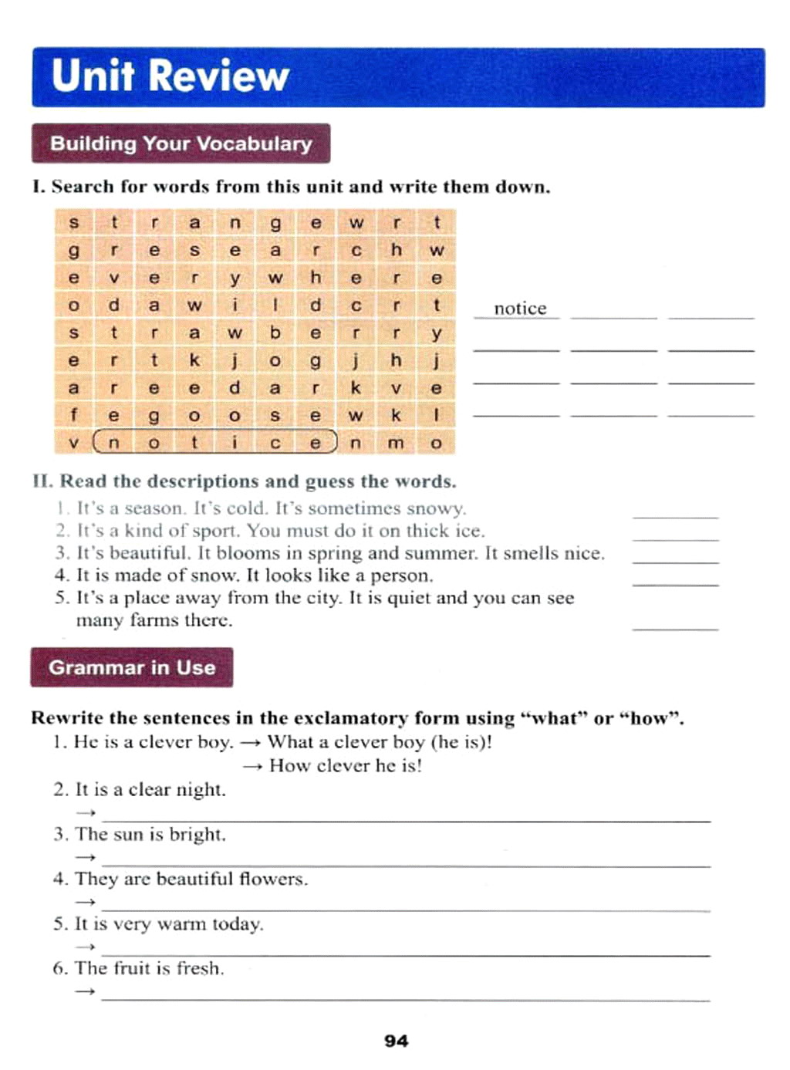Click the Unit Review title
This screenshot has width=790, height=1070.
tap(170, 76)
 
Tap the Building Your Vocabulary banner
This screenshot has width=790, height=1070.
tap(181, 143)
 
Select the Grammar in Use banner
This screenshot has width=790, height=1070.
tap(132, 667)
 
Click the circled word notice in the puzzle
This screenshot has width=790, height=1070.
tap(214, 443)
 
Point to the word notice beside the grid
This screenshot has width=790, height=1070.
tap(520, 309)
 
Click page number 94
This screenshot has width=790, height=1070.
tap(396, 1041)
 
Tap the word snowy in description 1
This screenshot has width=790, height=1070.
tap(440, 509)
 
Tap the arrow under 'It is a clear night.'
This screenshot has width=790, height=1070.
tap(86, 812)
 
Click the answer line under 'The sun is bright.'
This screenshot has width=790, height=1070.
tap(406, 864)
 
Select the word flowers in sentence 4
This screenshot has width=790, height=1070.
tap(273, 879)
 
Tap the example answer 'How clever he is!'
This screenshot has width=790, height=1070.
tap(346, 765)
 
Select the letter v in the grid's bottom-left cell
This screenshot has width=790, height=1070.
tap(73, 443)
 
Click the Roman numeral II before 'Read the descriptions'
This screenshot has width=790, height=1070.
tap(42, 481)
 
